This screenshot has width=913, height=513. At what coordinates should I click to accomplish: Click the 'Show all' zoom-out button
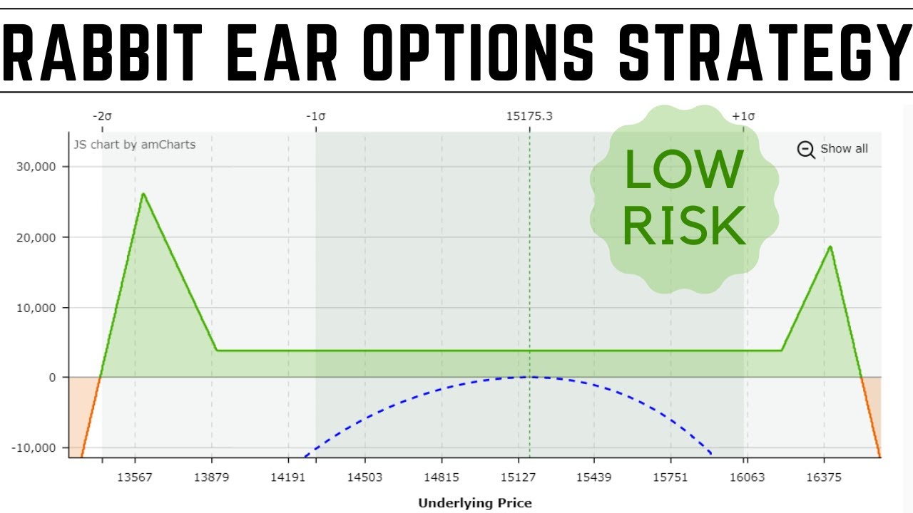[833, 149]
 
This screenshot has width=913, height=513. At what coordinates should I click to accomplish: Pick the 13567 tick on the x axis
[134, 477]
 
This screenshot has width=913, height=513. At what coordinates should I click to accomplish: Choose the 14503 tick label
[364, 477]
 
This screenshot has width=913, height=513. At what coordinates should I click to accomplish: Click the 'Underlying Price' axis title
[475, 503]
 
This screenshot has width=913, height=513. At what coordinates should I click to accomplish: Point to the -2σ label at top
[102, 116]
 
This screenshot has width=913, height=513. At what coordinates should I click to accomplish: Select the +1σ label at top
[743, 116]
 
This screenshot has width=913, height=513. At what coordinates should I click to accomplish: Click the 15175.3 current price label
[529, 116]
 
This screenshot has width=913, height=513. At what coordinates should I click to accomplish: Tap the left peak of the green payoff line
[143, 194]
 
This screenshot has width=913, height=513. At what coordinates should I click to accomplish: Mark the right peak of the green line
[830, 247]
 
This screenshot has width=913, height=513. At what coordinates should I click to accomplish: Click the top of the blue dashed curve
[529, 377]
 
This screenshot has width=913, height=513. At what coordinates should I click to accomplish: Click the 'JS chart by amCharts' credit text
[134, 145]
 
